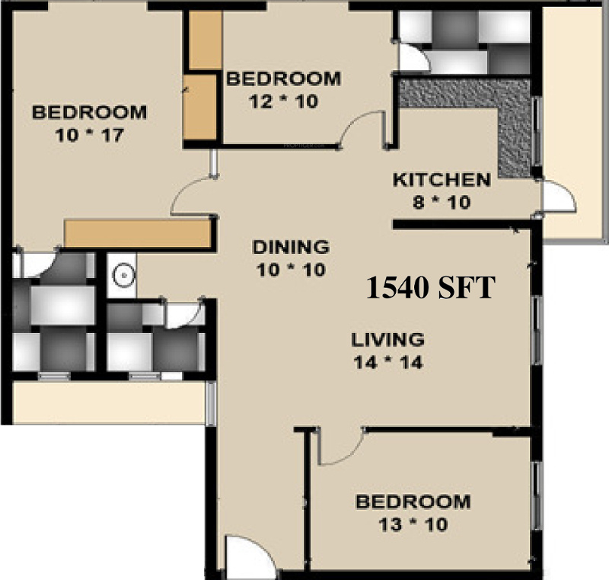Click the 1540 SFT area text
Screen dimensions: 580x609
(x=431, y=288)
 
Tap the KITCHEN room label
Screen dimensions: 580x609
(x=442, y=181)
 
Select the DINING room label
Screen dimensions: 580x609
(x=291, y=247)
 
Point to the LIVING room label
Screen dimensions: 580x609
(x=387, y=339)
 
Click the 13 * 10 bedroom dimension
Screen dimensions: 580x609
(x=413, y=525)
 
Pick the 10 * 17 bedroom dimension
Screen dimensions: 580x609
(x=89, y=136)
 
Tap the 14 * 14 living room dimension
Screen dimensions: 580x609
(x=387, y=362)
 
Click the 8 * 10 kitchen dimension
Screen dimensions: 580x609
(x=442, y=203)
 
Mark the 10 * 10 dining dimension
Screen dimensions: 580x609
(x=291, y=270)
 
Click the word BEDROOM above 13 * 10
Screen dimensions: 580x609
(x=413, y=502)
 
